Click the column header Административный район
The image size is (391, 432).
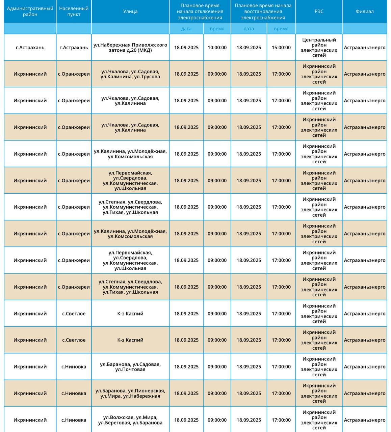click(30, 11)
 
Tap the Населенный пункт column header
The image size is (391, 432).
click(74, 11)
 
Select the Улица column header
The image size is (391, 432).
click(130, 11)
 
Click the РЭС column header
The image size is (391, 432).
click(319, 11)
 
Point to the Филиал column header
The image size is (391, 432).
click(365, 11)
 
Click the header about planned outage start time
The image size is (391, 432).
click(200, 11)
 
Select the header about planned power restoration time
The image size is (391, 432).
click(263, 11)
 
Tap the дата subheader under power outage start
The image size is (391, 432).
click(186, 29)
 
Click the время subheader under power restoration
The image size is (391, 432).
click(281, 29)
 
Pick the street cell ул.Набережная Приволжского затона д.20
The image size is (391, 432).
click(130, 48)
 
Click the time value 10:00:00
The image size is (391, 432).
click(217, 48)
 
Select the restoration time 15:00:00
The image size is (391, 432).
click(281, 48)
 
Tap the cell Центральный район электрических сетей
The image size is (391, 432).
click(319, 48)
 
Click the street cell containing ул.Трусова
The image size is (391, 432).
click(130, 74)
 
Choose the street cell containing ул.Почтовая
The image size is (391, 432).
click(130, 367)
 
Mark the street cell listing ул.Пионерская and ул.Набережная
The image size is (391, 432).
click(130, 393)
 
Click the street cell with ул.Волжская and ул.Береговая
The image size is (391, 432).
click(130, 420)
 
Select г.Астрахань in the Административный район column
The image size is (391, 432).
click(30, 48)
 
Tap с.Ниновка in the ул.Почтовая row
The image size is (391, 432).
click(74, 367)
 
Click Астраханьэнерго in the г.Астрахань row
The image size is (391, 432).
click(365, 48)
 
